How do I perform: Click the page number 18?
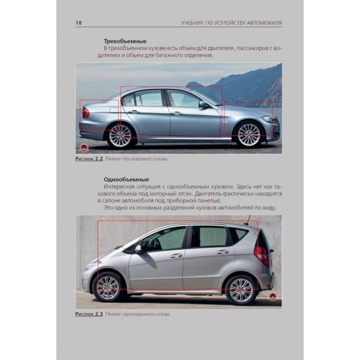79,23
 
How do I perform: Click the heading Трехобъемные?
125,41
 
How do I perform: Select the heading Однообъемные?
126,179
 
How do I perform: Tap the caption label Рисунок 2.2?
89,158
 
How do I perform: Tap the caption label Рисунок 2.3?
89,314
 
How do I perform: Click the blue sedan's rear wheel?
120,136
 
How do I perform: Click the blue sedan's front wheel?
249,134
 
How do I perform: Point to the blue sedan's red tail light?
86,113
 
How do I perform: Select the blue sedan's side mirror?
203,104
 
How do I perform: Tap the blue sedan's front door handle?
176,113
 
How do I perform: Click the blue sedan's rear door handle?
134,112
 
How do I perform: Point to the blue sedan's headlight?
271,119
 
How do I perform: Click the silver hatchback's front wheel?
107,287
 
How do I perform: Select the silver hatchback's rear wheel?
241,290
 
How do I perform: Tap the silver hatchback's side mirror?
138,249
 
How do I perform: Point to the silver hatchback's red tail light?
262,254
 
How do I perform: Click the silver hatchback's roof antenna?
247,220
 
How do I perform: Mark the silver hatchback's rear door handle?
223,252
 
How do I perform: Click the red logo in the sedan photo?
83,148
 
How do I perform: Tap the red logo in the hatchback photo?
272,297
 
